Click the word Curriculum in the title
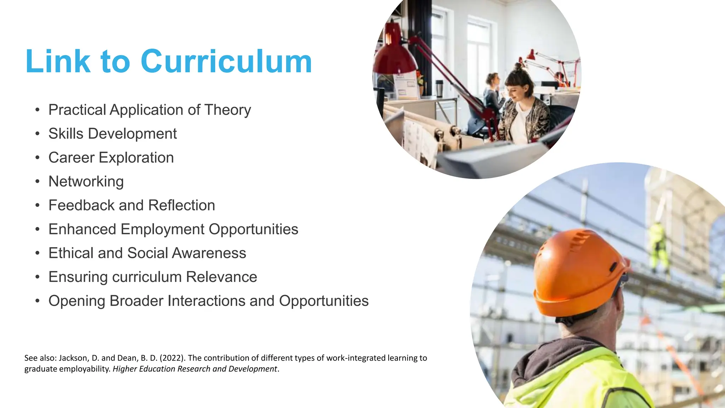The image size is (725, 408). tap(226, 62)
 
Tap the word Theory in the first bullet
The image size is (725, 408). tap(228, 110)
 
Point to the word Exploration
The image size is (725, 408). tap(137, 158)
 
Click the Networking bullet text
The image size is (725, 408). tap(86, 182)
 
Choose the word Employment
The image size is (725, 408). tap(162, 229)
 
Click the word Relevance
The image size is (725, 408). tap(222, 277)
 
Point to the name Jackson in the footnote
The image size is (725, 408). tap(73, 358)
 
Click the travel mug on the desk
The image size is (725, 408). tap(439, 88)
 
